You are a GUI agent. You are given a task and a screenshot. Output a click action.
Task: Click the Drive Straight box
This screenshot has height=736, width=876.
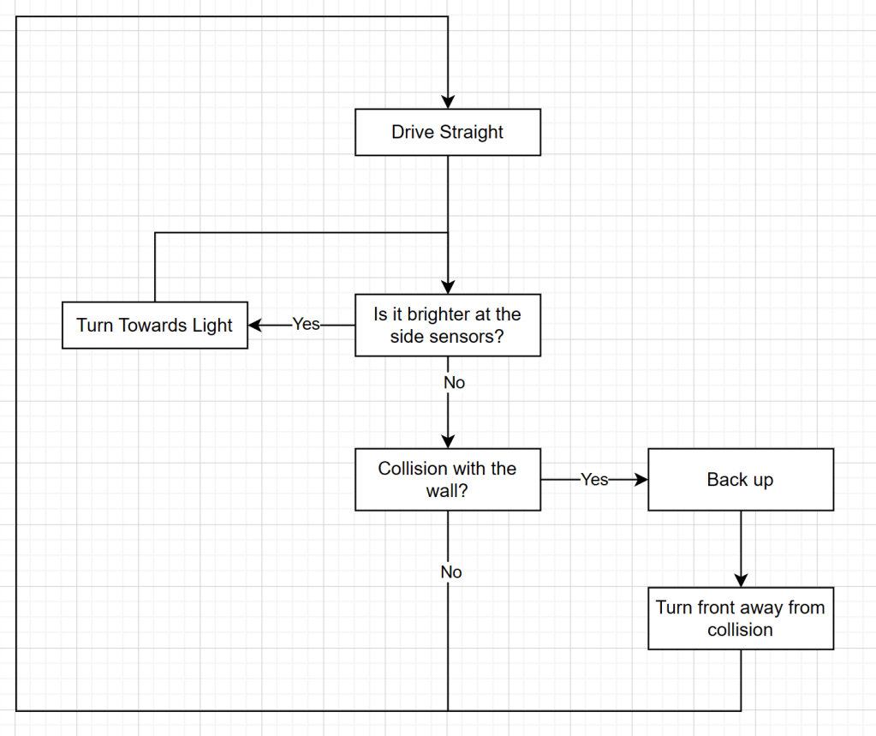coord(447,132)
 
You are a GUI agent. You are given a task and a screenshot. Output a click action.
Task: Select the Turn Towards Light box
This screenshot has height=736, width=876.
coord(154,325)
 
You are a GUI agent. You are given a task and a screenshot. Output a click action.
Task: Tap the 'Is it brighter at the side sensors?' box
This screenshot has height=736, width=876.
coord(447,325)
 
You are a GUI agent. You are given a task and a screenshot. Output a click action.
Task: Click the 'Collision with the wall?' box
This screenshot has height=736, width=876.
coord(447,479)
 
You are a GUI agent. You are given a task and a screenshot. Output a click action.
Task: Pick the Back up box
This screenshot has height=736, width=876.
coord(740,479)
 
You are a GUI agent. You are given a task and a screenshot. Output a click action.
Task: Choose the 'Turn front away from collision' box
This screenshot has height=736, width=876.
coord(740,618)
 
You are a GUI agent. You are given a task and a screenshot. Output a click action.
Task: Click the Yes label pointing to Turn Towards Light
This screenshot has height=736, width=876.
coord(306,325)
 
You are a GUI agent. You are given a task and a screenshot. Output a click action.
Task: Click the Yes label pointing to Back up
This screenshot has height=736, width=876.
coord(594,479)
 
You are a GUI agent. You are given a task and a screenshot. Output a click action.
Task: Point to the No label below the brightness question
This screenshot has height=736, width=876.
coord(454,383)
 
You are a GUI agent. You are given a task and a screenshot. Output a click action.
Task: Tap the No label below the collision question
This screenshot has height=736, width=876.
coord(451,571)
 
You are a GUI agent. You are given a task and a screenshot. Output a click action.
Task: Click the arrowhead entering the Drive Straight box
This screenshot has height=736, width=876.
coord(447,101)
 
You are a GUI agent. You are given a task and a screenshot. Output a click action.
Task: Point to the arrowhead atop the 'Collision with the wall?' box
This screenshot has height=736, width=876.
coord(447,440)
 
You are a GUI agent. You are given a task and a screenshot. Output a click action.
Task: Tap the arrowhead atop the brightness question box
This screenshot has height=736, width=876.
coord(447,286)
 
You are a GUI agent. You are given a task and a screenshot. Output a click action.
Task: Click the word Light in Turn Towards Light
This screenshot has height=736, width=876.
coord(212,325)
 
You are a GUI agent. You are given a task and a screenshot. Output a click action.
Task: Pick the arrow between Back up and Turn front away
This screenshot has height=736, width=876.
coord(740,548)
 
